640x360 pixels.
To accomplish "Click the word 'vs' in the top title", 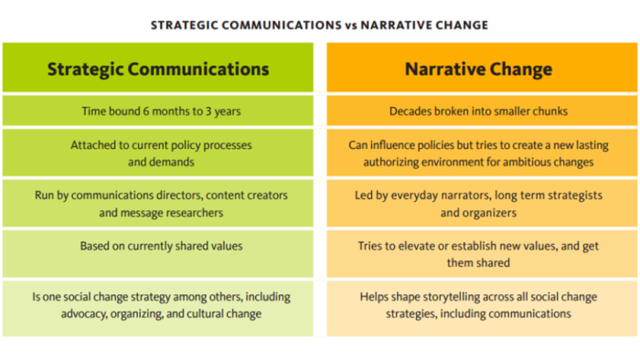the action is point(350,26).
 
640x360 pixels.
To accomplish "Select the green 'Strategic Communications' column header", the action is point(158,68).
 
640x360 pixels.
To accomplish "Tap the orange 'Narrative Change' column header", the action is point(482,68).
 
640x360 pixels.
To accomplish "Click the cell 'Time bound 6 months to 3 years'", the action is point(158,111).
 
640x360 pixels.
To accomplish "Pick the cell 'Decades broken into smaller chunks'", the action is point(482,111).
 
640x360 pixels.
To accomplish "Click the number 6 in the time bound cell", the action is point(145,111).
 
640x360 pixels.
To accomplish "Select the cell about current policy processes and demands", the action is point(158,153).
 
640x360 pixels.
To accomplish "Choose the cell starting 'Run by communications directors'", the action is point(158,204).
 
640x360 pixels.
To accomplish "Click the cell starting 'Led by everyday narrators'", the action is point(482,204).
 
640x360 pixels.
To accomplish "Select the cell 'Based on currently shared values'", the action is point(158,254).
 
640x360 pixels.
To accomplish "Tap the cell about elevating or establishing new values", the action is point(482,254).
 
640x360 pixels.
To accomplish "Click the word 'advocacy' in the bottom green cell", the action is point(84,314).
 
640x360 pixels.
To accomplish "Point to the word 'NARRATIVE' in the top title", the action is point(392,26).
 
